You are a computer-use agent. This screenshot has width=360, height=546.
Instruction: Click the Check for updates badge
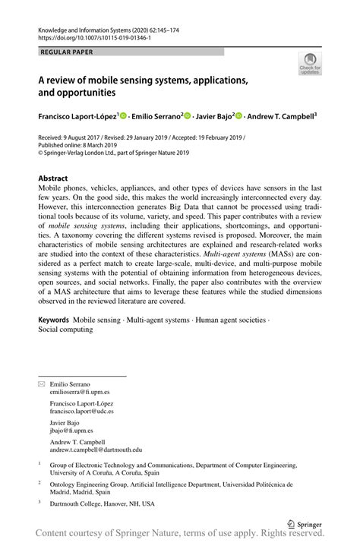311,65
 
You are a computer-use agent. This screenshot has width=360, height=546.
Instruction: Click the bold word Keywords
53,320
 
